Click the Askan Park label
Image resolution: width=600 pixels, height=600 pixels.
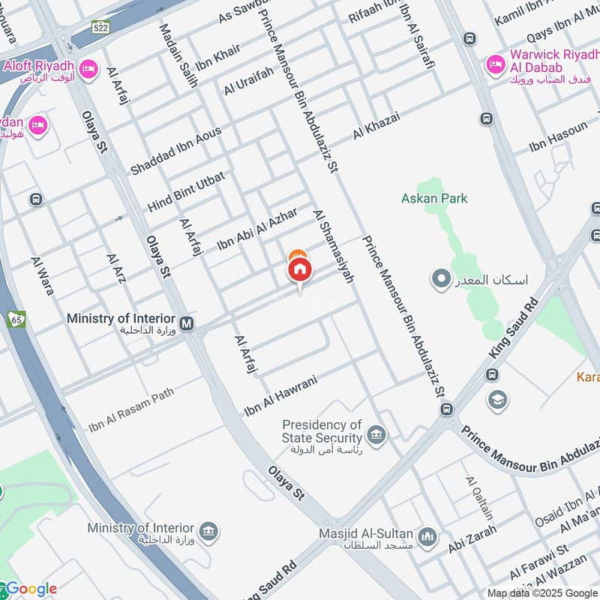click(x=434, y=199)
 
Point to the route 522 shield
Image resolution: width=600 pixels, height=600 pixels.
click(x=101, y=28)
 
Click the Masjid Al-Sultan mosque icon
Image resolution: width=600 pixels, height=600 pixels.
click(x=428, y=538)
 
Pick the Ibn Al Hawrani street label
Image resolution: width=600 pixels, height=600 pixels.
click(x=281, y=396)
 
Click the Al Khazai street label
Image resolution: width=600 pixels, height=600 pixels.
click(x=376, y=126)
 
